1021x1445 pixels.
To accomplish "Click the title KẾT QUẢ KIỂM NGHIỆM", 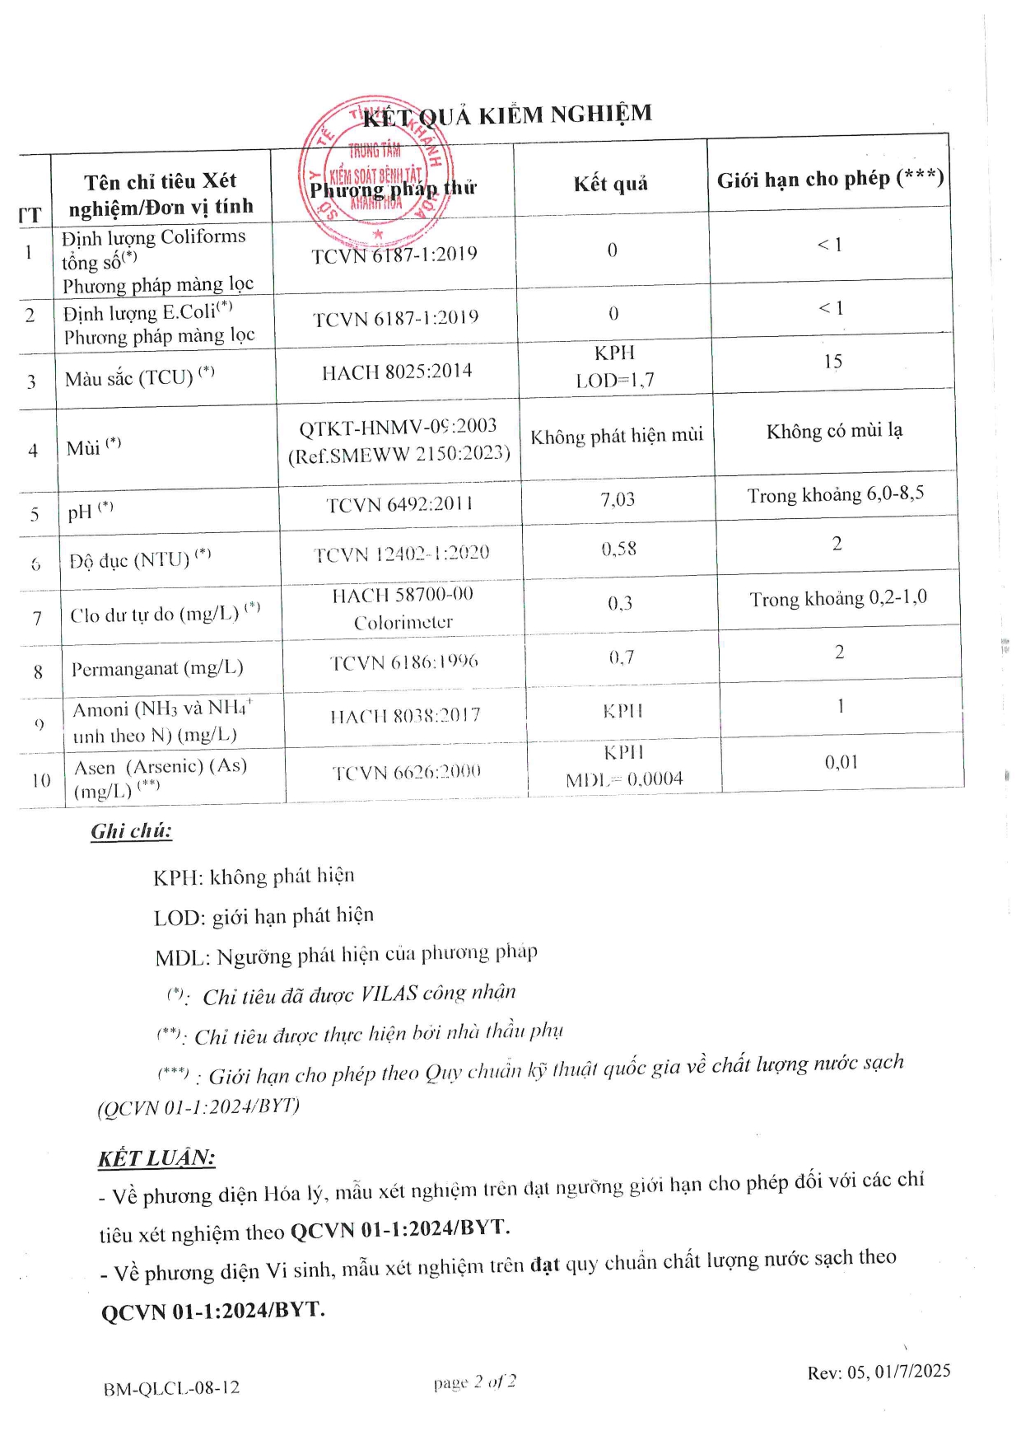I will click(x=507, y=115).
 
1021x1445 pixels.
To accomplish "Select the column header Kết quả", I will click(x=610, y=183).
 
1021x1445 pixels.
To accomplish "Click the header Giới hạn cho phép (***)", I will click(x=829, y=179).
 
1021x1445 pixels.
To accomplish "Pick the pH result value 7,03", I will click(x=618, y=499).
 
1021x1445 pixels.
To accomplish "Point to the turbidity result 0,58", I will click(x=618, y=549).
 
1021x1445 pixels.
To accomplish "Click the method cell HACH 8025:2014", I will click(x=397, y=372).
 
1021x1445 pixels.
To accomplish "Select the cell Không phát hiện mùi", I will click(x=617, y=436).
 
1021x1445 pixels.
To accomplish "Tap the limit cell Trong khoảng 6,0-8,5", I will click(x=835, y=494).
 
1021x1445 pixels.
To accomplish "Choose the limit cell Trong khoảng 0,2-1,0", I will click(x=837, y=598).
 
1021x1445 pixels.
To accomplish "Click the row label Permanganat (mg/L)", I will click(x=156, y=668).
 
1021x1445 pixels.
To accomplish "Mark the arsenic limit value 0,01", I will click(x=841, y=762).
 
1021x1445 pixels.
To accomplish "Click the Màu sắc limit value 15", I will click(x=832, y=362).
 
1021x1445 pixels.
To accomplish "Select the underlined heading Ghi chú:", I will click(x=132, y=830).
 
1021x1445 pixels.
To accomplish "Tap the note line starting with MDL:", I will click(x=346, y=955).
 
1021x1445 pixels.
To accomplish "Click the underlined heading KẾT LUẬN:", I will click(x=156, y=1157).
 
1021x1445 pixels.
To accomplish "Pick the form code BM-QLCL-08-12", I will click(x=171, y=1388).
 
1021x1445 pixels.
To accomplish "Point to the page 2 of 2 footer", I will click(x=475, y=1382).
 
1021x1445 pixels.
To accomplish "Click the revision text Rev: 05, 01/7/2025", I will click(x=879, y=1372).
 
